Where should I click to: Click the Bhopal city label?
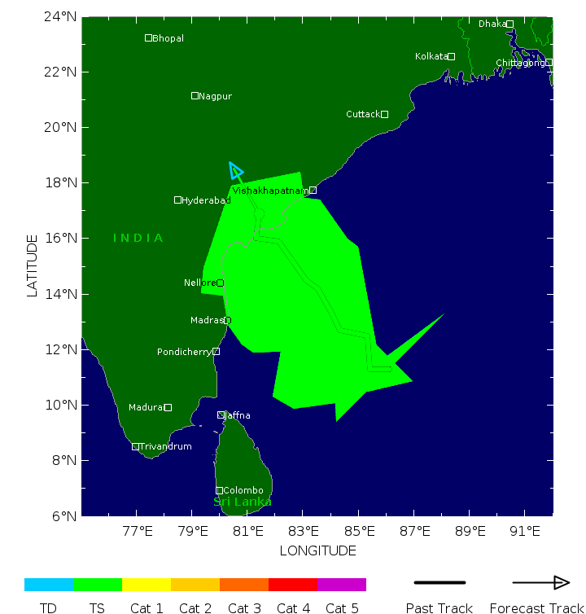168,38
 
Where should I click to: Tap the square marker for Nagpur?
195,96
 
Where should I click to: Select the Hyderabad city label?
206,200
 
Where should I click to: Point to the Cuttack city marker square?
385,114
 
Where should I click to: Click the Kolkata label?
431,56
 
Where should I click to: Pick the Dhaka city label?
492,24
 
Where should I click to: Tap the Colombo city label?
243,490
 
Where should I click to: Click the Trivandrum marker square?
136,446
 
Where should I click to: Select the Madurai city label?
146,407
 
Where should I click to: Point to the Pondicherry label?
184,352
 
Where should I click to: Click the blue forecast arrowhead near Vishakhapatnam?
235,169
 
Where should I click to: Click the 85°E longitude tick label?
360,532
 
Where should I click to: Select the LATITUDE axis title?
33,265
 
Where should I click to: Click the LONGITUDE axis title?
317,550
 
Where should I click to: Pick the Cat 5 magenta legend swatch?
342,585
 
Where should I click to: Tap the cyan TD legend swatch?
49,585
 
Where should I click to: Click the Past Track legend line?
439,583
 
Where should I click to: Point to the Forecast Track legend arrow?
540,583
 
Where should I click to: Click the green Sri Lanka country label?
243,502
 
